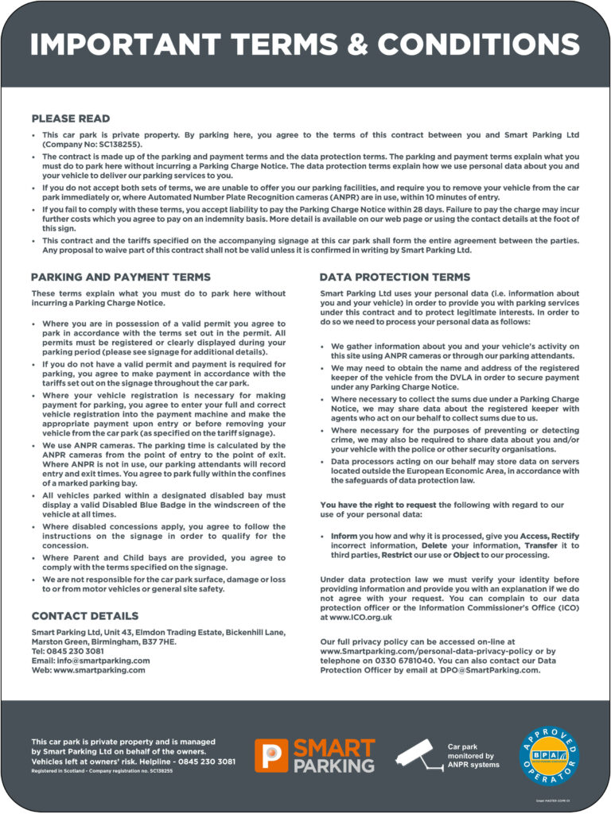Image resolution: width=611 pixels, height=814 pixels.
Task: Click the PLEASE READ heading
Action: tap(71, 119)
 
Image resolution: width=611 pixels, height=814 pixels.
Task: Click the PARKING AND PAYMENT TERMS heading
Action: tap(121, 277)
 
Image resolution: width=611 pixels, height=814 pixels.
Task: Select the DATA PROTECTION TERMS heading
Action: tap(395, 277)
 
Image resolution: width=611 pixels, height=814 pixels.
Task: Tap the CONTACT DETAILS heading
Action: tap(85, 616)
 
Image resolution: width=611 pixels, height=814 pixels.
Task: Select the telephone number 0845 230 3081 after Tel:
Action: tap(79, 651)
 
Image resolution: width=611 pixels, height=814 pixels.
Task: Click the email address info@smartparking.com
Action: tap(102, 661)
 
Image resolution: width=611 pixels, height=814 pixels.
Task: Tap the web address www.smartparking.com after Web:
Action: tap(99, 670)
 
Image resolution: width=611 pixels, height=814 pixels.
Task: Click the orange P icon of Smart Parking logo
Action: tap(271, 755)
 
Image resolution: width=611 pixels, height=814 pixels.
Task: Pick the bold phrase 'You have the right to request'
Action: tap(379, 505)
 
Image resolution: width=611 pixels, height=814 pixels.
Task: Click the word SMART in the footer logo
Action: tap(334, 748)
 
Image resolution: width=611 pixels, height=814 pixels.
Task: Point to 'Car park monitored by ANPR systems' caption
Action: tap(474, 756)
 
